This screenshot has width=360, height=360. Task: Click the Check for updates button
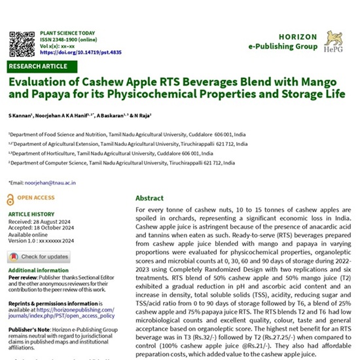click(x=41, y=257)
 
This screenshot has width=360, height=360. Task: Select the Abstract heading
click(x=150, y=198)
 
